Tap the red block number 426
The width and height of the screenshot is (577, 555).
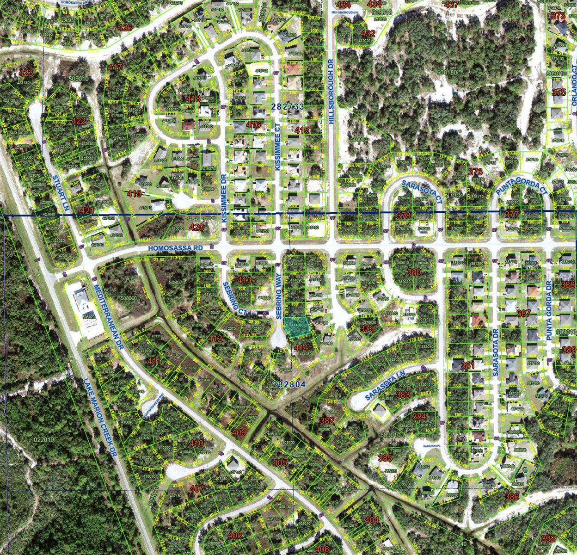[125, 28]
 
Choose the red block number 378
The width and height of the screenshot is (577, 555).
[404, 216]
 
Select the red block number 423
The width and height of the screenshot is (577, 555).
[27, 73]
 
